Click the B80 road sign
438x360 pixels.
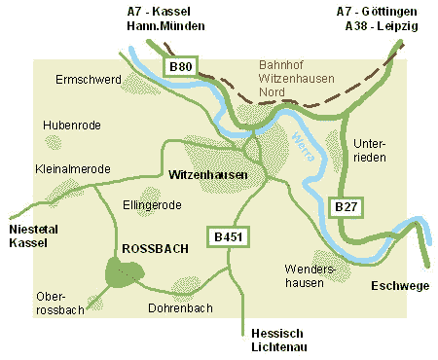pos(180,67)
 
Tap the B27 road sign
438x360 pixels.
pos(347,207)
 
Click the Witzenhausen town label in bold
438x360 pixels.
pos(207,176)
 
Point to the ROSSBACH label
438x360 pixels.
pos(157,249)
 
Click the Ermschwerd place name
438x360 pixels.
pos(89,78)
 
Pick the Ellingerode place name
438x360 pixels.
pos(153,205)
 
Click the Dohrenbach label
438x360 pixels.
pos(180,308)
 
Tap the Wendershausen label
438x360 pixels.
pos(310,275)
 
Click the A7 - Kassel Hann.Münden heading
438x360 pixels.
pos(161,18)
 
